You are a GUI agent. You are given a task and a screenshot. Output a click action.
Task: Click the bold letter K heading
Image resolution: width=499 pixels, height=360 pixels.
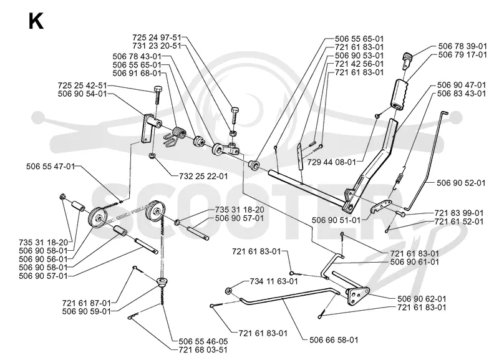pos(36,22)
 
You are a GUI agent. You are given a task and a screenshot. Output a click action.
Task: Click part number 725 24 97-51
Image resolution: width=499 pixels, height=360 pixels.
pos(157,37)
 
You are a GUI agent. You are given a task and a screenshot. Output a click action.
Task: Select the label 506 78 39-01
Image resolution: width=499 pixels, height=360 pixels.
pos(462,46)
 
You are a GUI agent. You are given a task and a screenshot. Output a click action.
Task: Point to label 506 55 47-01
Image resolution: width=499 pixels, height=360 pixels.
pos(51,166)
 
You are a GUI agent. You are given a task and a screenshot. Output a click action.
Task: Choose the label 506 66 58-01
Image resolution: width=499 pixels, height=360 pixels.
pos(334,340)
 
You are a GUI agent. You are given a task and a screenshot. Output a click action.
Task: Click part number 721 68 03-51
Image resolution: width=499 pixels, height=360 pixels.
pos(203,350)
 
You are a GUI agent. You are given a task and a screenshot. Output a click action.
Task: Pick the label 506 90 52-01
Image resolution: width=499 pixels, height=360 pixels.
pos(461,183)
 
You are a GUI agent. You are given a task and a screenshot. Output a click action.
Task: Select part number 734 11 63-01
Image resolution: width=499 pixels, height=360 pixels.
pos(274,281)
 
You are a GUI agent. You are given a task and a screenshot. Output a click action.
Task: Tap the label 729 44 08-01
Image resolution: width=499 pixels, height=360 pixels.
pos(331,162)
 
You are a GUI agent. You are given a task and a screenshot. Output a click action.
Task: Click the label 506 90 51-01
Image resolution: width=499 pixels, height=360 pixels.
pos(336,220)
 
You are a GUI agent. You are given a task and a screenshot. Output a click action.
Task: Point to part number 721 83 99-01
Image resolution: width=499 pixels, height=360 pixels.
pos(459,213)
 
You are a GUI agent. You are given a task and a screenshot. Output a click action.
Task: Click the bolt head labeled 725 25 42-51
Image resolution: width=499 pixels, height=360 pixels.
pos(158,89)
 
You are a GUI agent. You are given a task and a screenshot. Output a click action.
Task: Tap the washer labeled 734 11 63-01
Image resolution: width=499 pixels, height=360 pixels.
pos(228,291)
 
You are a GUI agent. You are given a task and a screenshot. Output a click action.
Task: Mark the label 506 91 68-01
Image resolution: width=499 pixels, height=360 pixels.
pos(137,73)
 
